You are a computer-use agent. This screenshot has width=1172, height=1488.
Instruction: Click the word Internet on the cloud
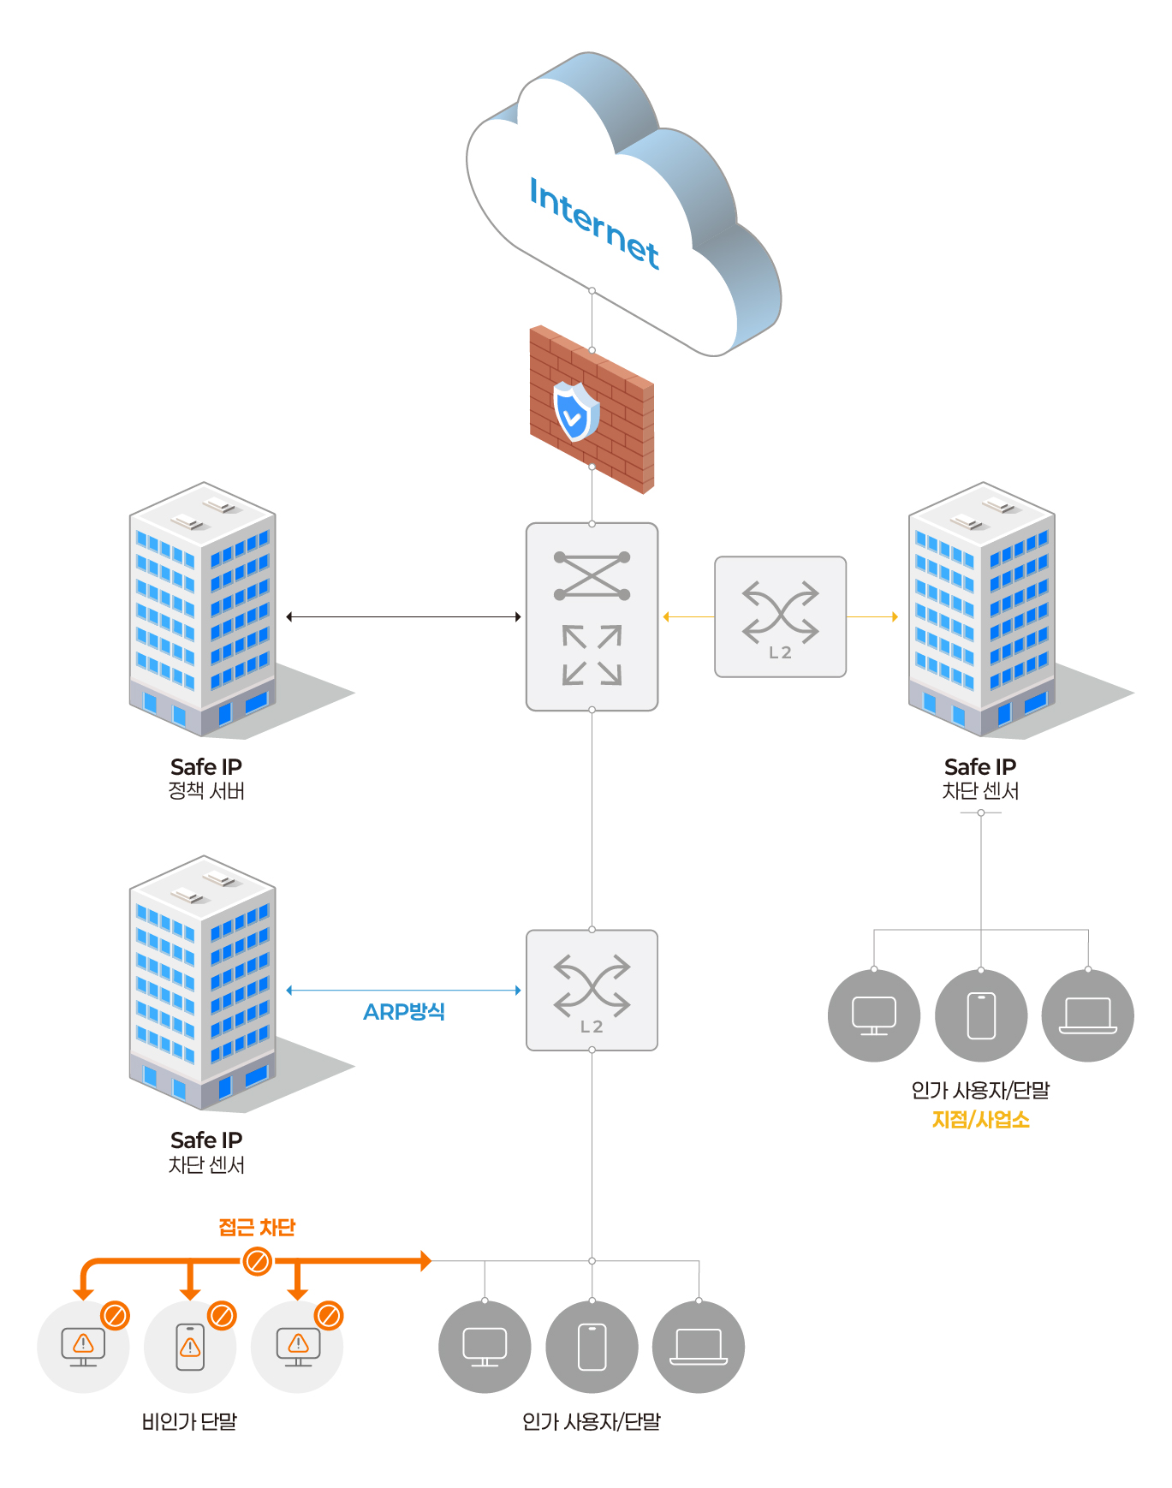click(x=594, y=222)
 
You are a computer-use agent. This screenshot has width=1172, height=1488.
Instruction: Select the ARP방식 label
click(x=404, y=1012)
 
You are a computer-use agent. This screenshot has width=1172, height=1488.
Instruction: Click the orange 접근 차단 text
click(x=257, y=1228)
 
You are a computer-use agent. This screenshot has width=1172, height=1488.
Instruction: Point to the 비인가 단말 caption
click(x=189, y=1422)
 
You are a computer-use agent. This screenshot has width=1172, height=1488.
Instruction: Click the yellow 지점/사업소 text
click(x=980, y=1120)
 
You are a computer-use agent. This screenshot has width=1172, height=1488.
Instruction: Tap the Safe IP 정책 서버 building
click(x=204, y=610)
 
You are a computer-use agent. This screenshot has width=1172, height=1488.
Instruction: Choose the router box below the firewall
click(x=592, y=616)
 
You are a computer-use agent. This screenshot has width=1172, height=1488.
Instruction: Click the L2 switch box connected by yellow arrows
click(x=780, y=616)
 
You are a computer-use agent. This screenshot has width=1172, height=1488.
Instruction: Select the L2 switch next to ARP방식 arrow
click(x=592, y=990)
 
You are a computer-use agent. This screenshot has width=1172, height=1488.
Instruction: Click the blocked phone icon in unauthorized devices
click(x=190, y=1347)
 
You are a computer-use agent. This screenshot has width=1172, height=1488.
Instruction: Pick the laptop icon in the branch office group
click(x=1087, y=1015)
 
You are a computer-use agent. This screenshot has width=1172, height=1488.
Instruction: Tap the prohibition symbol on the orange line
click(x=257, y=1261)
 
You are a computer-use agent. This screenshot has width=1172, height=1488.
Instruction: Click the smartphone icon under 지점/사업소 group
click(x=981, y=1015)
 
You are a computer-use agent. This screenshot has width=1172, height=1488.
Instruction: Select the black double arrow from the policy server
click(x=403, y=616)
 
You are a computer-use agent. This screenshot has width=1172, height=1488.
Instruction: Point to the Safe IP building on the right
click(x=983, y=610)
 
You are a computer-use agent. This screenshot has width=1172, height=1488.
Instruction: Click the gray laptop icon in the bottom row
click(x=699, y=1347)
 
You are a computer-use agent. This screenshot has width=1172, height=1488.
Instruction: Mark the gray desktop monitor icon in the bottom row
click(x=485, y=1347)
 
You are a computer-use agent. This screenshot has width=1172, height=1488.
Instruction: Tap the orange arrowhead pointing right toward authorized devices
click(x=425, y=1261)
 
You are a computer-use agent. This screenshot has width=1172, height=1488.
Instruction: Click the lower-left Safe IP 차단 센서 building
click(x=204, y=983)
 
